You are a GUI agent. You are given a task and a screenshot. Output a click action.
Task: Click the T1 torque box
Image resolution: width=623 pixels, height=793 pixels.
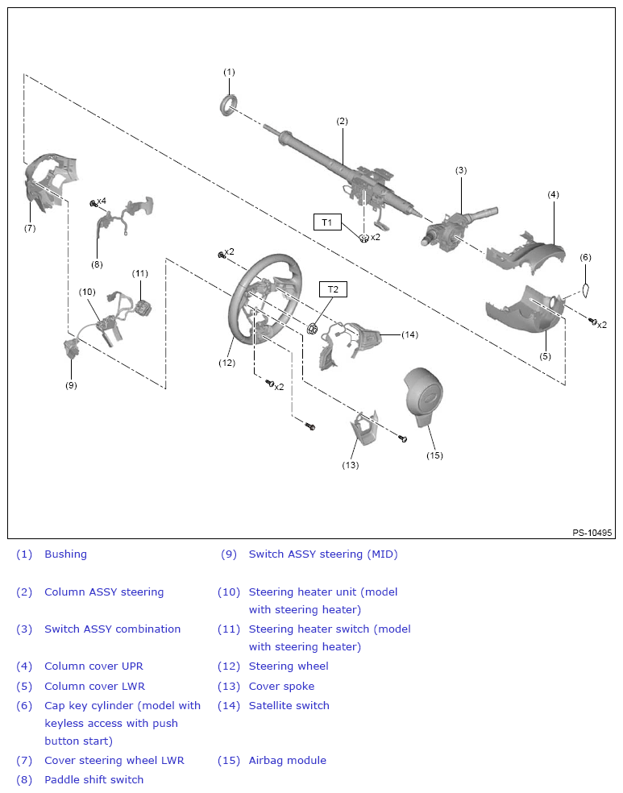tap(327, 222)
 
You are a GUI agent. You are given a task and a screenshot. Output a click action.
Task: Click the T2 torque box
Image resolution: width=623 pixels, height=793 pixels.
tap(332, 289)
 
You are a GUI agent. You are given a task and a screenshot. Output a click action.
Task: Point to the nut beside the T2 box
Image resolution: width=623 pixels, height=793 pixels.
tap(313, 328)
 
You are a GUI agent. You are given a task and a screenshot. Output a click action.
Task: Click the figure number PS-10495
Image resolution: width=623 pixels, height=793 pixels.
tap(592, 533)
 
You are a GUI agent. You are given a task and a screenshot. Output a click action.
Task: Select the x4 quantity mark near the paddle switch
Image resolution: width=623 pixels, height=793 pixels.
tap(101, 201)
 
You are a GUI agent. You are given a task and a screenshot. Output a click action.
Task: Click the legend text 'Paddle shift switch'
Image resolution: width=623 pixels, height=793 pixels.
tap(93, 779)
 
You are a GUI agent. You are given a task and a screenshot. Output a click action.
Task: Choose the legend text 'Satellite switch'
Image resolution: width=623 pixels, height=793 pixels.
tap(289, 705)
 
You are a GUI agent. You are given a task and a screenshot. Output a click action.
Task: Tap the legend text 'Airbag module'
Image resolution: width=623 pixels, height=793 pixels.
tap(287, 760)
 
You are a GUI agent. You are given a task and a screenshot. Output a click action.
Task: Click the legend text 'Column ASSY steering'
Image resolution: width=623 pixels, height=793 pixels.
tap(104, 592)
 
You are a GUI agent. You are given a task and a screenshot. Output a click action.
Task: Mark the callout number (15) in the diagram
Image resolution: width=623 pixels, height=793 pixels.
tap(434, 455)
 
